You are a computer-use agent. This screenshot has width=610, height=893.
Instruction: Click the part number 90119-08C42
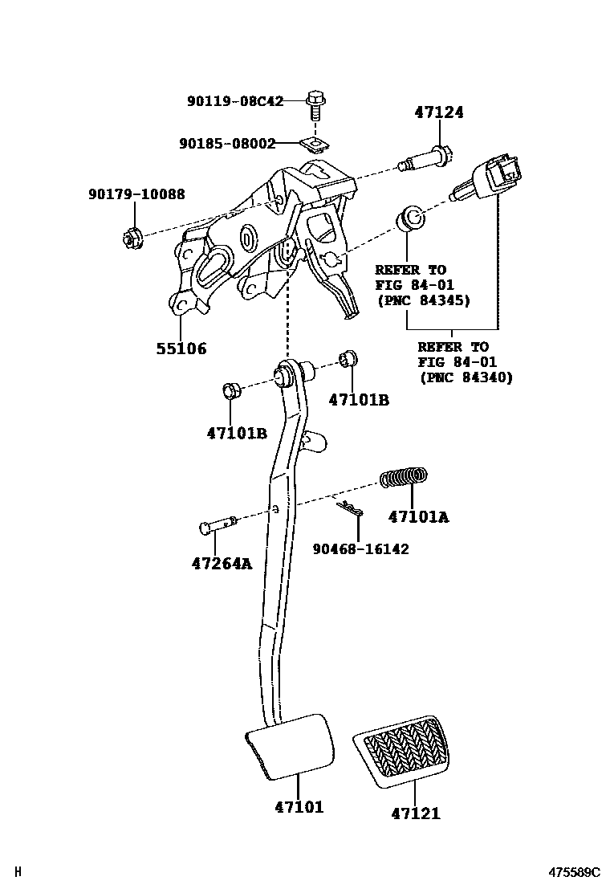(235, 101)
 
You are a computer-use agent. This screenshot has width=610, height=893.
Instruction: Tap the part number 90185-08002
(227, 144)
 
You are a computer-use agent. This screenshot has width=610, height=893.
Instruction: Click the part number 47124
(439, 113)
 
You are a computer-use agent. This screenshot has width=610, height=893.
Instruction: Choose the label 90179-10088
(136, 194)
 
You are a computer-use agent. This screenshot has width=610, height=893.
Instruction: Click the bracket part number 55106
(181, 349)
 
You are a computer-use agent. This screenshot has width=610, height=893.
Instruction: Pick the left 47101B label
(237, 433)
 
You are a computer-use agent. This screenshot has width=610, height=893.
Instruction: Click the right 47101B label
(359, 399)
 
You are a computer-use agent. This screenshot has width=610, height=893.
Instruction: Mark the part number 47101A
(418, 518)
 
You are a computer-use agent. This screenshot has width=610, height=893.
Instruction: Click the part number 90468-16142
(360, 549)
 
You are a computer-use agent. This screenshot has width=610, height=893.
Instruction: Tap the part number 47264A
(222, 564)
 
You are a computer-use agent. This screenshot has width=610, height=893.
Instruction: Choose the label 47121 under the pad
(416, 813)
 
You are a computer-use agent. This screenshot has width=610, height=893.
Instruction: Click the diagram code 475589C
(574, 872)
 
